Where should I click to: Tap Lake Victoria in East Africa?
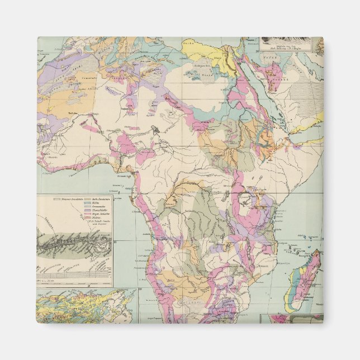tap(247, 200)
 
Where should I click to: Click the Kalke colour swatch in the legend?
tap(88, 202)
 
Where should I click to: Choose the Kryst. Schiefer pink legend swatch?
tap(88, 214)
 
